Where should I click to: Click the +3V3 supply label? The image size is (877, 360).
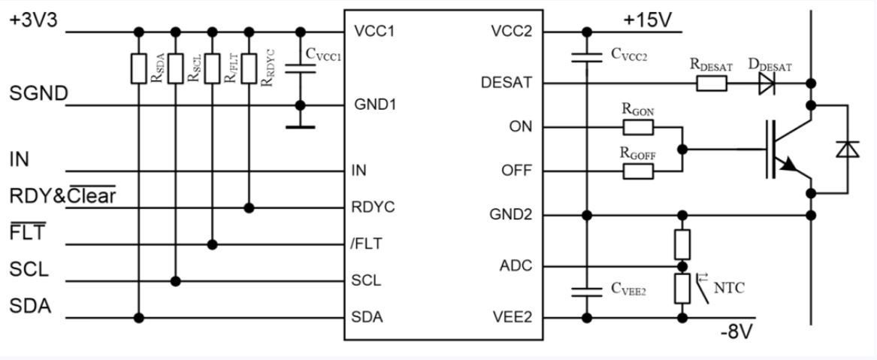coord(34,20)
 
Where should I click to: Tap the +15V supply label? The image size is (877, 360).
coord(648,21)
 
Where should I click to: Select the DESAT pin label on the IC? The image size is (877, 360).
coord(507,83)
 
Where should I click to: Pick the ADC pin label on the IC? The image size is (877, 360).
coord(516,266)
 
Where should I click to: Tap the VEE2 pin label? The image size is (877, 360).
coord(512,317)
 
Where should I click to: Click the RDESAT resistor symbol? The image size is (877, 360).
coord(712,84)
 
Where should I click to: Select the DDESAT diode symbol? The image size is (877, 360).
coord(767,84)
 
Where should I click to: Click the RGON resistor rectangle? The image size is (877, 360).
coord(638,128)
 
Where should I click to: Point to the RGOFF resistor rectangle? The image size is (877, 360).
coord(638,171)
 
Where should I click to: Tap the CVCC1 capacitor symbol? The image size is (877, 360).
coord(301,68)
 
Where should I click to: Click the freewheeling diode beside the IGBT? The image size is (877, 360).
coord(848,150)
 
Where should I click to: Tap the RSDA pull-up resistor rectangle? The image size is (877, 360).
coord(139,68)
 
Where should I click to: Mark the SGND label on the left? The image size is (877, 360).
coord(38,93)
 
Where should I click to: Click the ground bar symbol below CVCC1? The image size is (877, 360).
coord(301,128)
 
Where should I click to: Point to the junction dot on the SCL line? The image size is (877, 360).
coord(176,281)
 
